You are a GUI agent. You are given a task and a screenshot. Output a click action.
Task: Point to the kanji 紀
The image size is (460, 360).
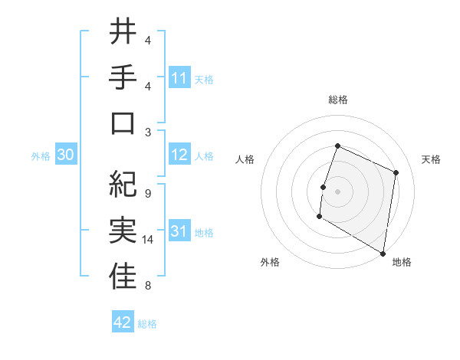[x=123, y=185]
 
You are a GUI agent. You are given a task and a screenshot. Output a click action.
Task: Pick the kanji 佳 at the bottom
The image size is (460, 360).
[x=123, y=277]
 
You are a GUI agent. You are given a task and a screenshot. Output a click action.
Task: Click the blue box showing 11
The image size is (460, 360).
[x=179, y=78]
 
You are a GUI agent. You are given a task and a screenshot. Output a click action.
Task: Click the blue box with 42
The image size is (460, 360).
[x=123, y=322]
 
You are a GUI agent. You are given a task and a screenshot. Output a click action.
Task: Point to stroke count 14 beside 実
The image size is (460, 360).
[x=148, y=240]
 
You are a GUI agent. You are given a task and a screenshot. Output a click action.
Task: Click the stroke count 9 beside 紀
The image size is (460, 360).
[x=147, y=193]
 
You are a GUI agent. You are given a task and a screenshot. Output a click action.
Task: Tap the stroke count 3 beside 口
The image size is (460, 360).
[x=147, y=132]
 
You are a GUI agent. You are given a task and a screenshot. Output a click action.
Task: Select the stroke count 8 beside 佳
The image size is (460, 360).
[x=147, y=286]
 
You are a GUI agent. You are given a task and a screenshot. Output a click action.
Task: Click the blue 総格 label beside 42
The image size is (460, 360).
[x=147, y=323]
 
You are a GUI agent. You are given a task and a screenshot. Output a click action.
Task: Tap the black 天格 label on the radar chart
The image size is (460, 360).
[x=431, y=159]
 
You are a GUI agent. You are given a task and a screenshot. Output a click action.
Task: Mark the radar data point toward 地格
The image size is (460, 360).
[x=383, y=253]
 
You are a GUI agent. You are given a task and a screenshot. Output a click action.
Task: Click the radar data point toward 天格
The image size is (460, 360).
[x=396, y=172]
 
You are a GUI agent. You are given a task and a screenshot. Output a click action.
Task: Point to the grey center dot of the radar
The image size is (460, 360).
[x=337, y=191]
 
